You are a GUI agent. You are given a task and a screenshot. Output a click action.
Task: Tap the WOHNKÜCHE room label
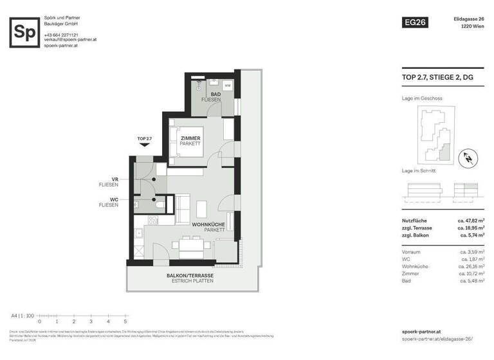click(x=208, y=224)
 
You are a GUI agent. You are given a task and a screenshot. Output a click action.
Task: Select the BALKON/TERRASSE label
click(x=190, y=276)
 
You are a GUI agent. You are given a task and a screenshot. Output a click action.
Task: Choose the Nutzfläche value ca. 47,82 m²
click(x=470, y=220)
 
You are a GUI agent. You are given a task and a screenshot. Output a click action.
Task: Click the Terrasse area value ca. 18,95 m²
click(x=470, y=228)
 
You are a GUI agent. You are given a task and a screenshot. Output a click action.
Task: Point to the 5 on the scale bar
click(x=125, y=321)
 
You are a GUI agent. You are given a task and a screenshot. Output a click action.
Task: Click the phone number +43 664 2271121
click(x=61, y=34)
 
